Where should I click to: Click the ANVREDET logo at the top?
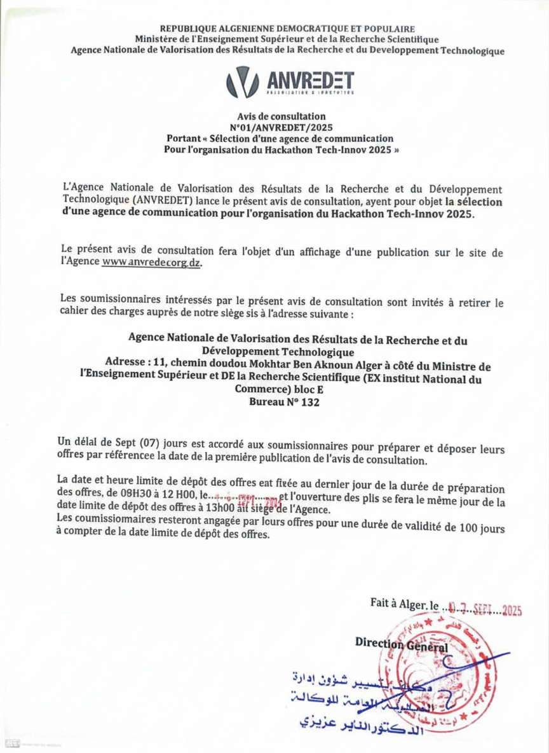pos(290,82)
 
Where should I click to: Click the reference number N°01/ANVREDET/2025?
pos(281,127)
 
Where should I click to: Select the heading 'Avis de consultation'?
pos(281,117)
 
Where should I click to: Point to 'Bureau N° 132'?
pos(281,403)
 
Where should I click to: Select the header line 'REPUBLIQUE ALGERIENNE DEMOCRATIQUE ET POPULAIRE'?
pos(287,29)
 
